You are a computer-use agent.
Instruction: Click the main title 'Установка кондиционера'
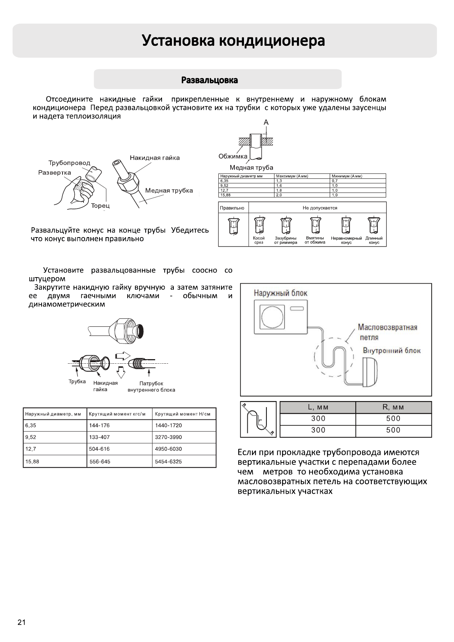pyautogui.click(x=233, y=41)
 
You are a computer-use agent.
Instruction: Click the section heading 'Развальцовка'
pyautogui.click(x=210, y=80)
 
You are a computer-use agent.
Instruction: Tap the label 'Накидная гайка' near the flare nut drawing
pyautogui.click(x=155, y=158)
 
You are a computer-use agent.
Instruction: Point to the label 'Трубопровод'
pyautogui.click(x=69, y=163)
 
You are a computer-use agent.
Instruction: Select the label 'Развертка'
pyautogui.click(x=55, y=173)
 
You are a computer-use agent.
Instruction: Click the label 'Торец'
pyautogui.click(x=100, y=206)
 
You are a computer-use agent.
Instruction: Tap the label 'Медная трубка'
pyautogui.click(x=169, y=191)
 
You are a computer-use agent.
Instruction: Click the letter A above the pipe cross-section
pyautogui.click(x=266, y=122)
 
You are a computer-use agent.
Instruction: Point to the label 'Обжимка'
pyautogui.click(x=233, y=156)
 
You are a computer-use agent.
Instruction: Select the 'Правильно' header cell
pyautogui.click(x=232, y=208)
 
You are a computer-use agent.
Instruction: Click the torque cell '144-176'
pyautogui.click(x=99, y=425)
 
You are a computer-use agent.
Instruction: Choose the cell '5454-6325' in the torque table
pyautogui.click(x=168, y=462)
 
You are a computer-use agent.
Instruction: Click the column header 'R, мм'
pyautogui.click(x=393, y=407)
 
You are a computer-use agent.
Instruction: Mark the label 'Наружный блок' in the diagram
pyautogui.click(x=280, y=293)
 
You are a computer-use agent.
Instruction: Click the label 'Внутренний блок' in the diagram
pyautogui.click(x=391, y=351)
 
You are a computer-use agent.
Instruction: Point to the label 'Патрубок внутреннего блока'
pyautogui.click(x=151, y=387)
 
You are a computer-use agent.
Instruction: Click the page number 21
pyautogui.click(x=21, y=623)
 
